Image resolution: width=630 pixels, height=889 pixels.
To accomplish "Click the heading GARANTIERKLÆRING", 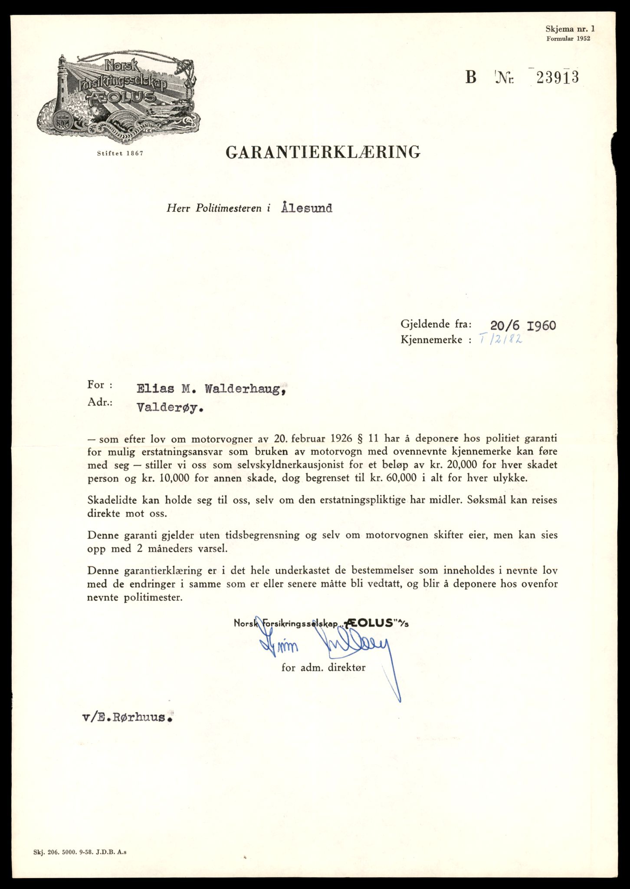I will click(323, 152).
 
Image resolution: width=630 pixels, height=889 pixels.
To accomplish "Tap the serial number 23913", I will click(557, 78).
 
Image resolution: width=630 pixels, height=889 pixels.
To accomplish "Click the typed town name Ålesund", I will click(306, 208).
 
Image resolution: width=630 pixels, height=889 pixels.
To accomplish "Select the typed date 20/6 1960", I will click(523, 325).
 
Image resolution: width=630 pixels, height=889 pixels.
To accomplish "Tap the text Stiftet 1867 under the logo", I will click(120, 154).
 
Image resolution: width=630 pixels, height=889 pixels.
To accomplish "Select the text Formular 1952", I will click(568, 38).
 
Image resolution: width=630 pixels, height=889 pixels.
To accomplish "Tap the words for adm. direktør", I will click(323, 668).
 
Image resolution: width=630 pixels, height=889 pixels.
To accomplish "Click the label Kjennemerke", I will click(431, 339).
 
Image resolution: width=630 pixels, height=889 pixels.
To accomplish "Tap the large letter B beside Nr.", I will click(471, 78).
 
